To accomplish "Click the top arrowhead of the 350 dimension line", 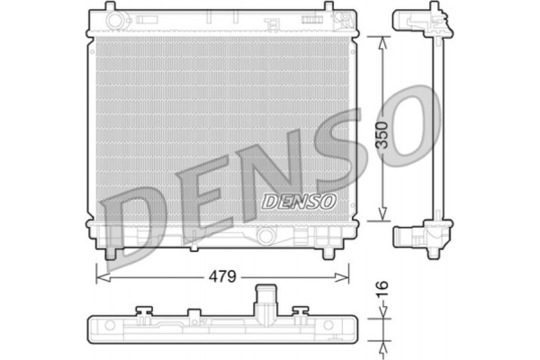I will tap(384, 41).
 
